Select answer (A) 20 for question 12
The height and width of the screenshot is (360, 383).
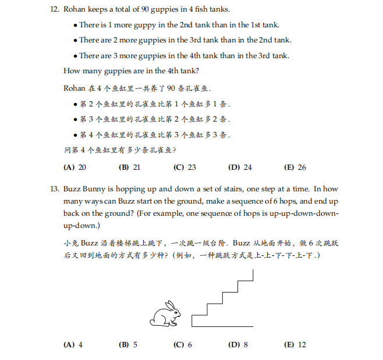click(75, 167)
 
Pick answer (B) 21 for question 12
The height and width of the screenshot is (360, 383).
click(129, 167)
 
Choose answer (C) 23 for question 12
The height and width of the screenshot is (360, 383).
click(185, 167)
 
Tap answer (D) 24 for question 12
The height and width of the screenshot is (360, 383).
click(240, 167)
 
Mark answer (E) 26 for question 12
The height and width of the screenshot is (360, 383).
click(295, 167)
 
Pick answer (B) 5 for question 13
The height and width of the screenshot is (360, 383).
click(128, 345)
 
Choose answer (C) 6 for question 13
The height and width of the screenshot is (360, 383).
click(183, 345)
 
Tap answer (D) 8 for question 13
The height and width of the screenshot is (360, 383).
click(238, 345)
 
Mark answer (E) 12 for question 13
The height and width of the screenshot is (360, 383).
click(295, 345)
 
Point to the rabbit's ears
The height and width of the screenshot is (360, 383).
click(171, 305)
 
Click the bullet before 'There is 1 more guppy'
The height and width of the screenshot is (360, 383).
click(76, 25)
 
